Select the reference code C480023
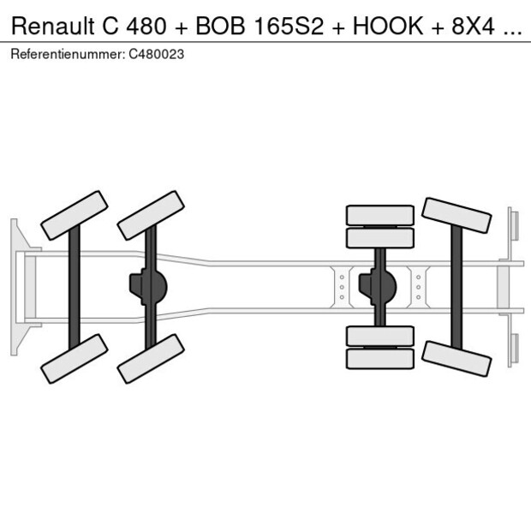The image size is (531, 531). (156, 54)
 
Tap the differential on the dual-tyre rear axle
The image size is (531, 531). (379, 286)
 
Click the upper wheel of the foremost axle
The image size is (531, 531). (75, 215)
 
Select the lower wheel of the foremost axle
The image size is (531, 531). (75, 358)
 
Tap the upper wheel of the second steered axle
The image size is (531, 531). (152, 215)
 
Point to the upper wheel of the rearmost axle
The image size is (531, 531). (456, 216)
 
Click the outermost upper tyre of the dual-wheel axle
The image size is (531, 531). (379, 214)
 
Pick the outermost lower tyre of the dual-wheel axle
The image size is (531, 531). (379, 359)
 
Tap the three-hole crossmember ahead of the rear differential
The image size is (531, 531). (342, 286)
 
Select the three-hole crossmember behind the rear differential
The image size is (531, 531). (417, 286)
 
